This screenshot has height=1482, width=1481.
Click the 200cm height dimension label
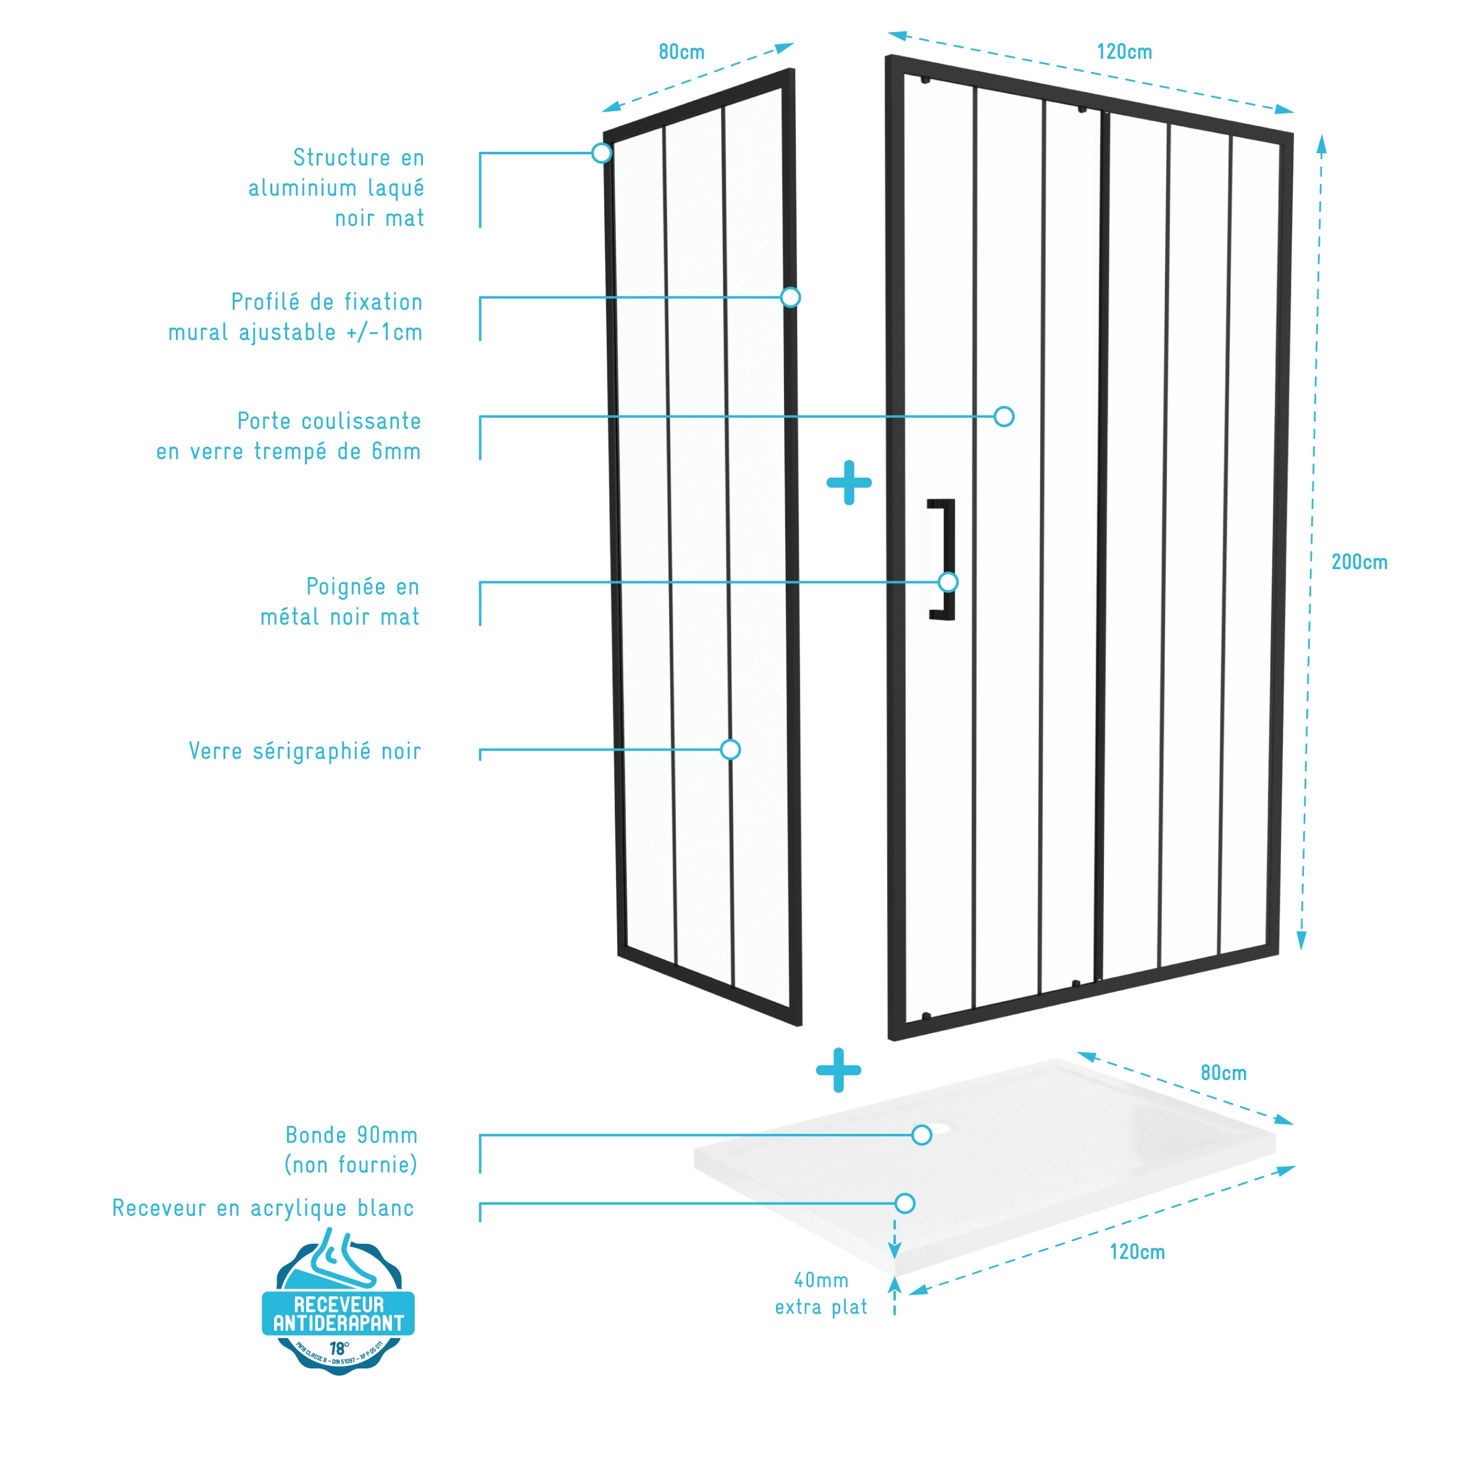tap(1358, 562)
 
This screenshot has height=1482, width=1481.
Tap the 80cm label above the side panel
tap(682, 52)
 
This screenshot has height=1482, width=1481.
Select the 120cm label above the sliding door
tap(1124, 52)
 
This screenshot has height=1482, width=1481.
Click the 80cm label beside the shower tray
tap(1223, 1072)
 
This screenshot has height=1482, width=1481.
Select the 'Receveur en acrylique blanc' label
tap(263, 1208)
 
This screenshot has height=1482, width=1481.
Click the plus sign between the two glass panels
tap(849, 483)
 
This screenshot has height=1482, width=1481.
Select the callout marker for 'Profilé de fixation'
tap(790, 298)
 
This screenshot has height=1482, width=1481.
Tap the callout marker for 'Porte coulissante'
tap(1004, 417)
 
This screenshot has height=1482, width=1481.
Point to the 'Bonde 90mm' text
tap(351, 1135)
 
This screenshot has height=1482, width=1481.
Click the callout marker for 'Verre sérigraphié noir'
tap(730, 749)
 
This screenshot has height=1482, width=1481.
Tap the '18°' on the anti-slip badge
tap(339, 1348)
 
